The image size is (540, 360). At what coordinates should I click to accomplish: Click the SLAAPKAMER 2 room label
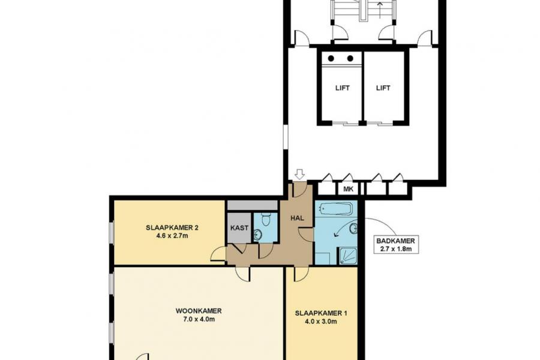coord(172,227)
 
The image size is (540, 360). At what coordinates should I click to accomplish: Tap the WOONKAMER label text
coord(199,311)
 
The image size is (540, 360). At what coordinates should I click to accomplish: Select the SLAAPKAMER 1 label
coord(321,313)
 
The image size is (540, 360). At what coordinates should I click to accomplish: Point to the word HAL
coord(298,218)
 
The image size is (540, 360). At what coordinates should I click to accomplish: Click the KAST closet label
coord(239,229)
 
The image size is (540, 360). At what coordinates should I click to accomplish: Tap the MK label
coord(347,190)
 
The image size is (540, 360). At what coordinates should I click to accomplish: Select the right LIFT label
coord(383,88)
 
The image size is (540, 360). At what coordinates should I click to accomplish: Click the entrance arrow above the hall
coord(299,174)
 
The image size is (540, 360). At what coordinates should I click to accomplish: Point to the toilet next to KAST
coord(266,221)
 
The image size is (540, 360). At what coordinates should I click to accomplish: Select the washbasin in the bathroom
coord(353,228)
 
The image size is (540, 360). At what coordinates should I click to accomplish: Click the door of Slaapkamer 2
coord(218,255)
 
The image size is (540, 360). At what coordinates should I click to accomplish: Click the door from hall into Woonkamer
coord(243,273)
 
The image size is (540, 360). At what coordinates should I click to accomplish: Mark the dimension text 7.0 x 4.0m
coord(199,320)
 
